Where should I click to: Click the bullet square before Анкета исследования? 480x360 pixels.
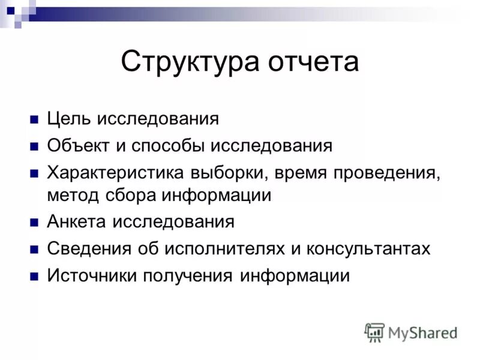[x=34, y=223]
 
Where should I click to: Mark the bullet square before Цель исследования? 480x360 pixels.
[x=34, y=119]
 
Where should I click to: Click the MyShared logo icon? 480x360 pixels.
[x=375, y=332]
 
